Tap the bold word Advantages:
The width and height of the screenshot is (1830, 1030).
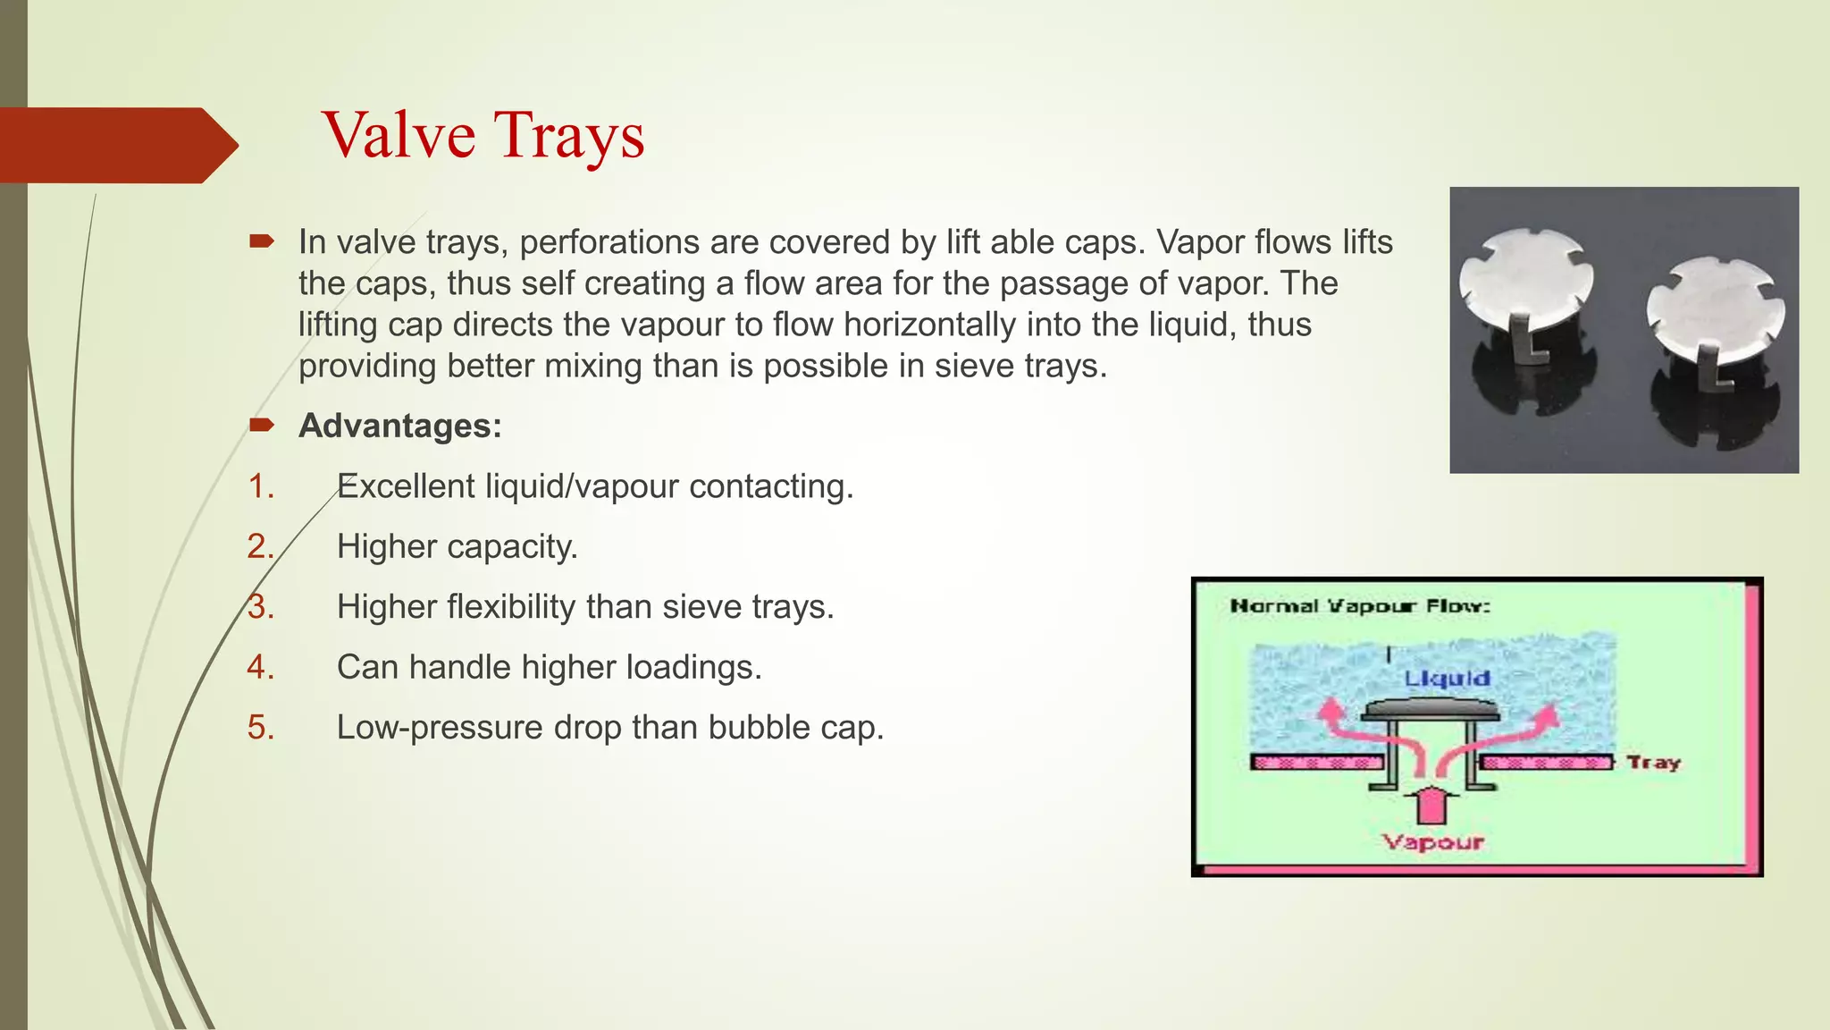coord(399,426)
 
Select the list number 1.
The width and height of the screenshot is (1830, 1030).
coord(260,486)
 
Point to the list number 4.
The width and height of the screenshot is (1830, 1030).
coord(260,667)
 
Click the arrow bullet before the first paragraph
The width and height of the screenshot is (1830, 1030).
coord(262,241)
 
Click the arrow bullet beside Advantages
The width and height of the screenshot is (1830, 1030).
coord(262,425)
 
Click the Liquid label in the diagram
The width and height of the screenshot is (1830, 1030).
coord(1447,679)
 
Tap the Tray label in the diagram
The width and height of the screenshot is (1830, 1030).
coord(1653,763)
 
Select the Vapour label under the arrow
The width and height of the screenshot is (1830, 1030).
coord(1432,842)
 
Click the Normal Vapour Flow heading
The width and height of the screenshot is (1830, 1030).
coord(1360,606)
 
